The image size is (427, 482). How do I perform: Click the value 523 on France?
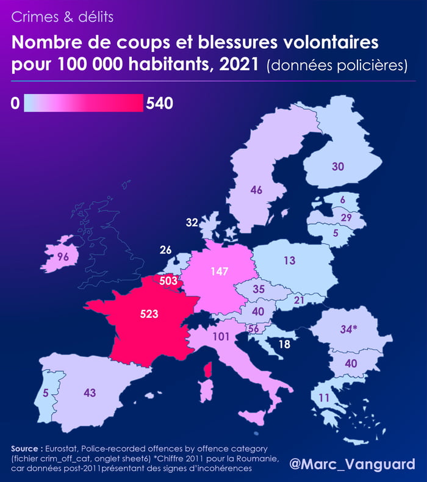pyautogui.click(x=149, y=314)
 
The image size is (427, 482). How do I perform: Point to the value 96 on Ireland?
pyautogui.click(x=63, y=257)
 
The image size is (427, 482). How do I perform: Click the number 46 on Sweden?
pyautogui.click(x=256, y=190)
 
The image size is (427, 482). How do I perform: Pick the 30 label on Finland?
pyautogui.click(x=338, y=166)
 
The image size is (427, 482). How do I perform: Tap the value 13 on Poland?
pyautogui.click(x=289, y=261)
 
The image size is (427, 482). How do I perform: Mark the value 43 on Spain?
pyautogui.click(x=90, y=393)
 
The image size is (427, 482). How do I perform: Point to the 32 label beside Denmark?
pyautogui.click(x=192, y=223)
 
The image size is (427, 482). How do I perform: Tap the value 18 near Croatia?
pyautogui.click(x=284, y=344)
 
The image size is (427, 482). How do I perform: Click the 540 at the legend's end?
pyautogui.click(x=160, y=104)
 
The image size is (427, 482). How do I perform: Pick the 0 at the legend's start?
pyautogui.click(x=15, y=104)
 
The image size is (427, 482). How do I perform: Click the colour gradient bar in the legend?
pyautogui.click(x=83, y=104)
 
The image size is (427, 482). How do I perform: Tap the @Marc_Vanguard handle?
pyautogui.click(x=352, y=464)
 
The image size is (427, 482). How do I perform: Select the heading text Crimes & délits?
pyautogui.click(x=62, y=17)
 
